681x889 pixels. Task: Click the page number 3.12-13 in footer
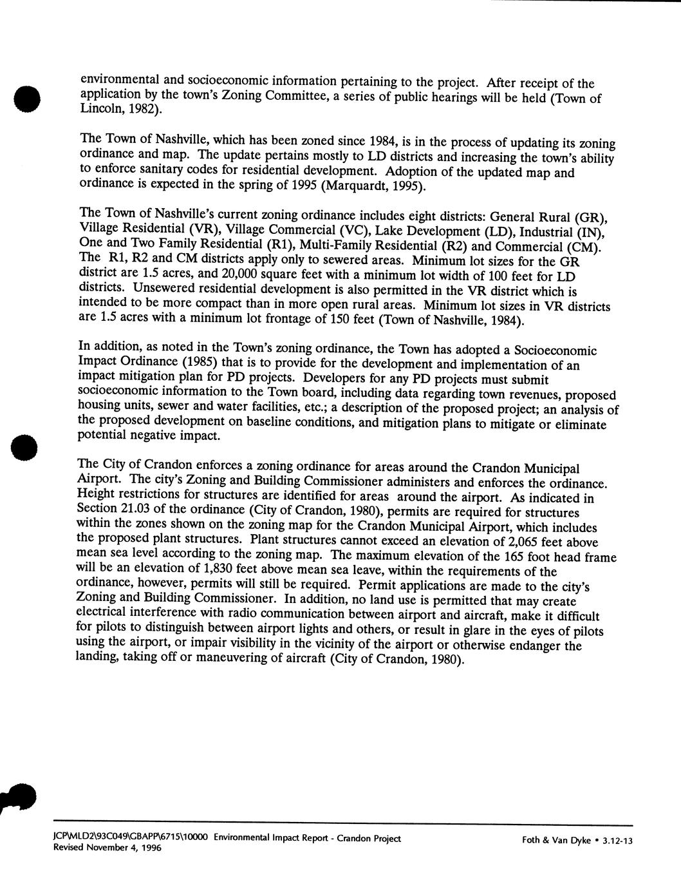(615, 840)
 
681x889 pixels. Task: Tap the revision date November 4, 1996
(126, 848)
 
